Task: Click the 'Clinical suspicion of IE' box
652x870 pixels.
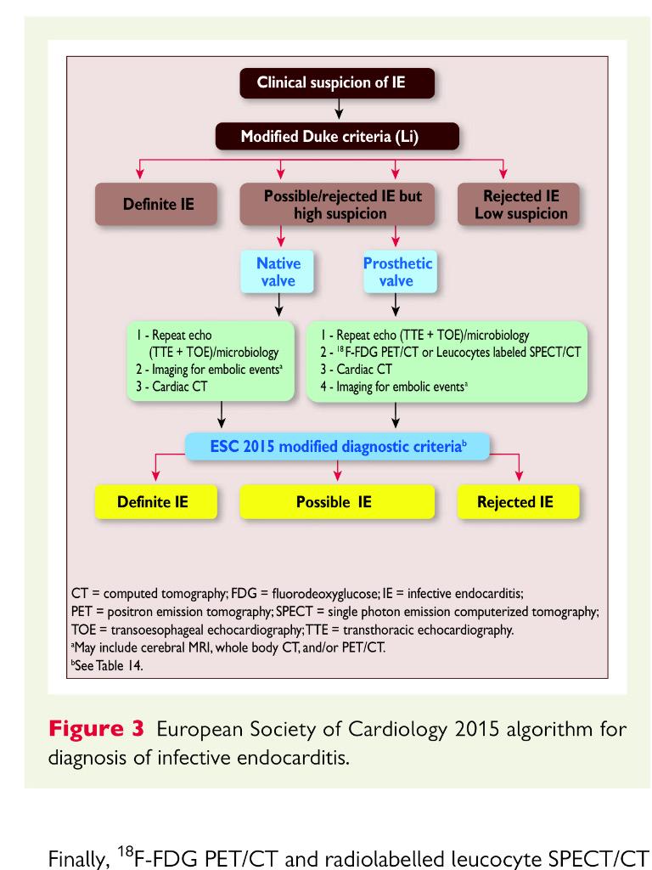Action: (x=338, y=83)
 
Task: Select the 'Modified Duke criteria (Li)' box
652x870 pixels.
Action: (x=338, y=136)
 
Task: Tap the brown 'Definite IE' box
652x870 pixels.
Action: (x=158, y=205)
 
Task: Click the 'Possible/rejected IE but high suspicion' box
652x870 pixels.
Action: (x=342, y=205)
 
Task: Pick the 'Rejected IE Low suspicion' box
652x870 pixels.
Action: (x=520, y=205)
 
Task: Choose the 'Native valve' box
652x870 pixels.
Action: (x=278, y=272)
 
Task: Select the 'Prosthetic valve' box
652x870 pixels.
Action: (x=397, y=272)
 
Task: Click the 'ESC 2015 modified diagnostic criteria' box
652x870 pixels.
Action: (x=338, y=445)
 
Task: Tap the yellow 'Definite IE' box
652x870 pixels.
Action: (x=153, y=501)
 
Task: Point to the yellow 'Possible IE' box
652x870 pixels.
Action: (x=334, y=501)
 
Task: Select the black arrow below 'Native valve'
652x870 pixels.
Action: (x=278, y=306)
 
